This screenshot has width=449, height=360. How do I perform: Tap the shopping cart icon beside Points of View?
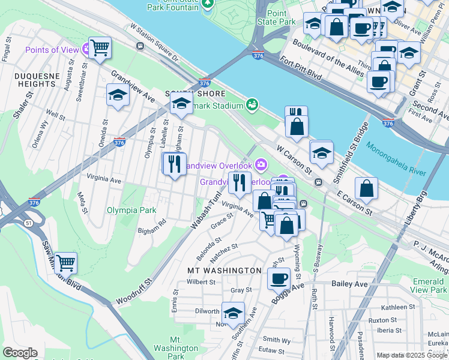coord(100,47)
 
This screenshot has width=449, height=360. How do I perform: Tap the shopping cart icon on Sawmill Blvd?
coord(65,263)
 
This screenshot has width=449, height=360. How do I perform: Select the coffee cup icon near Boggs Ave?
coord(279,278)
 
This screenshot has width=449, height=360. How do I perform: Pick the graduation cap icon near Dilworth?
coord(233,313)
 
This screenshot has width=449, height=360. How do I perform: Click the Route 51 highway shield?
coord(28,223)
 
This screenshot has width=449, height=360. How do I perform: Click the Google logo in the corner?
coord(19,353)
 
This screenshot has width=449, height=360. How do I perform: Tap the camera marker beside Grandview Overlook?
coord(261,164)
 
